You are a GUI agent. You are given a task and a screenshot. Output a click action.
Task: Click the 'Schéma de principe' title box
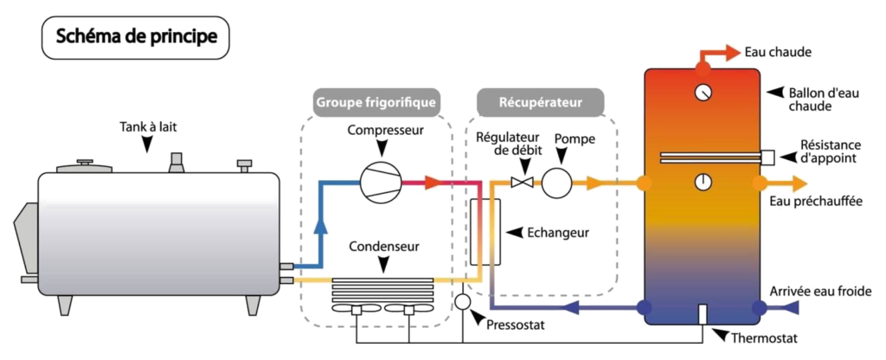click(136, 38)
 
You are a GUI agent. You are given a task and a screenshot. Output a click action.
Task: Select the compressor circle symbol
click(381, 182)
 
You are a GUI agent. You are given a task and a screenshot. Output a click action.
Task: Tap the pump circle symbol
click(556, 183)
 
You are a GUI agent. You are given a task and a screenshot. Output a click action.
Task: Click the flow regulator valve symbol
click(520, 183)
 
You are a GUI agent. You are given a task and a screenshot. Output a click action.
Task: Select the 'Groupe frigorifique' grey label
click(376, 103)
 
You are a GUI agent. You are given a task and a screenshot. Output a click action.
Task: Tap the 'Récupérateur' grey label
click(541, 102)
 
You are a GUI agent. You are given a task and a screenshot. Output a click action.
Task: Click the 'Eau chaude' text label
click(778, 53)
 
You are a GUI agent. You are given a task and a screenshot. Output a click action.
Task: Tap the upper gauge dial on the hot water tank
click(703, 93)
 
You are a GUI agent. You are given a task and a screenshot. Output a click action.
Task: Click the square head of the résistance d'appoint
click(768, 157)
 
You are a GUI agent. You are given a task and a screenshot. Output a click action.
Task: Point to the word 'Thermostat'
click(765, 339)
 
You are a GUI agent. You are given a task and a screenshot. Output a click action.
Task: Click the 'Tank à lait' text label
click(148, 127)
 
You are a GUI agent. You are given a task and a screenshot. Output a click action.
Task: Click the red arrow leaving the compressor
click(433, 182)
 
